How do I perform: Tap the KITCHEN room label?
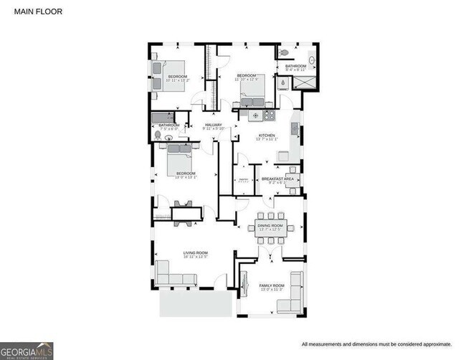(267, 136)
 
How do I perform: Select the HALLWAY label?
(214, 125)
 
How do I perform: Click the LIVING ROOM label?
(195, 253)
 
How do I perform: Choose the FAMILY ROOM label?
(272, 286)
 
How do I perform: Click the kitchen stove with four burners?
(269, 113)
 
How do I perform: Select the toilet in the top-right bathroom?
(285, 53)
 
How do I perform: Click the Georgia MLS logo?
(27, 350)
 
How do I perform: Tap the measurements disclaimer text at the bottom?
(376, 344)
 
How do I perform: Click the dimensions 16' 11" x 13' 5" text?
(195, 257)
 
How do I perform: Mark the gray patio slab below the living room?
(194, 302)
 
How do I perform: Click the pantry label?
(242, 180)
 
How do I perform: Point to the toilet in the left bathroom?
(158, 133)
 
